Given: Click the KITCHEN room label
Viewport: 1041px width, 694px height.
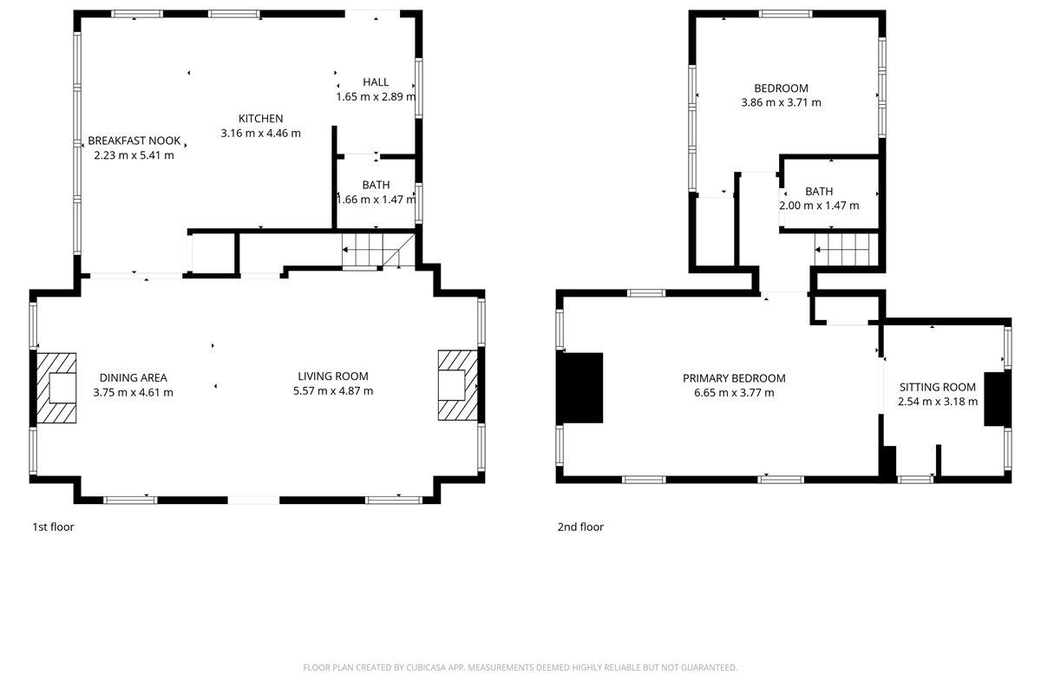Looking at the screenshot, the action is tap(261, 119).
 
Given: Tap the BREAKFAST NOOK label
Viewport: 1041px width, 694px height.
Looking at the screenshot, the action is tap(134, 141).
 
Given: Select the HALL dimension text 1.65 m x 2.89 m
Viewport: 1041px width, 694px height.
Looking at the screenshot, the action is tap(376, 96).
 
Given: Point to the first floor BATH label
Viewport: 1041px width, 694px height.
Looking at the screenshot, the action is tap(376, 185).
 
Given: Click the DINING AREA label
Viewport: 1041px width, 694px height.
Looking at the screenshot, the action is tap(134, 377).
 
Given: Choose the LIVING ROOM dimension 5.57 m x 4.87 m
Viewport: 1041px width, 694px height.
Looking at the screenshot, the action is tap(333, 390).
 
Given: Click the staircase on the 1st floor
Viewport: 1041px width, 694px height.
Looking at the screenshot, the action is tap(378, 250).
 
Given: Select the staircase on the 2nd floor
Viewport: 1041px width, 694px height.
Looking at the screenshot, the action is tap(846, 250).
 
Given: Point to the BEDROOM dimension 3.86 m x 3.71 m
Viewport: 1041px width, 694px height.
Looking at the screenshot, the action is tap(781, 102).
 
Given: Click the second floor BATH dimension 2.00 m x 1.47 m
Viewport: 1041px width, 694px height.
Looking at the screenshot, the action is tap(819, 206).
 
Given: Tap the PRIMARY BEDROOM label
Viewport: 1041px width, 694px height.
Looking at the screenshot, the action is tap(734, 378).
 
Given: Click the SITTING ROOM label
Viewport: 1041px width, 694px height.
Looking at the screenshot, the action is tap(938, 387).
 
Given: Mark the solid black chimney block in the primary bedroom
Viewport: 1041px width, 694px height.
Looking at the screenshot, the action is tap(579, 388).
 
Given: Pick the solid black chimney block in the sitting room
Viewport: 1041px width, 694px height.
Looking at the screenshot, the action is tap(998, 399).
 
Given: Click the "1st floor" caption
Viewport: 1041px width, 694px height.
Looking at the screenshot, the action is tap(53, 527).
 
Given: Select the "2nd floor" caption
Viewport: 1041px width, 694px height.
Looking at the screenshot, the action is tap(580, 527).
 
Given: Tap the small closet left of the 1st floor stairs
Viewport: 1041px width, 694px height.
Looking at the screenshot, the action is tap(213, 253).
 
